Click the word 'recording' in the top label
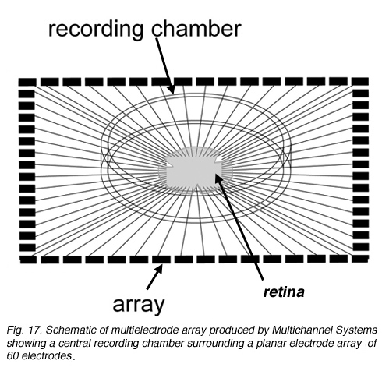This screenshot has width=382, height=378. coord(96,30)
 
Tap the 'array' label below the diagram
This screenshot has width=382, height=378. coord(139,305)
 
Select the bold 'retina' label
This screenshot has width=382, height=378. coord(284,292)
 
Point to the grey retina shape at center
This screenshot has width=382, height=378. coord(195,171)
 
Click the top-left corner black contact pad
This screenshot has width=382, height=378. coord(27,82)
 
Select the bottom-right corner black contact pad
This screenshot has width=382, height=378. coord(360,259)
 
